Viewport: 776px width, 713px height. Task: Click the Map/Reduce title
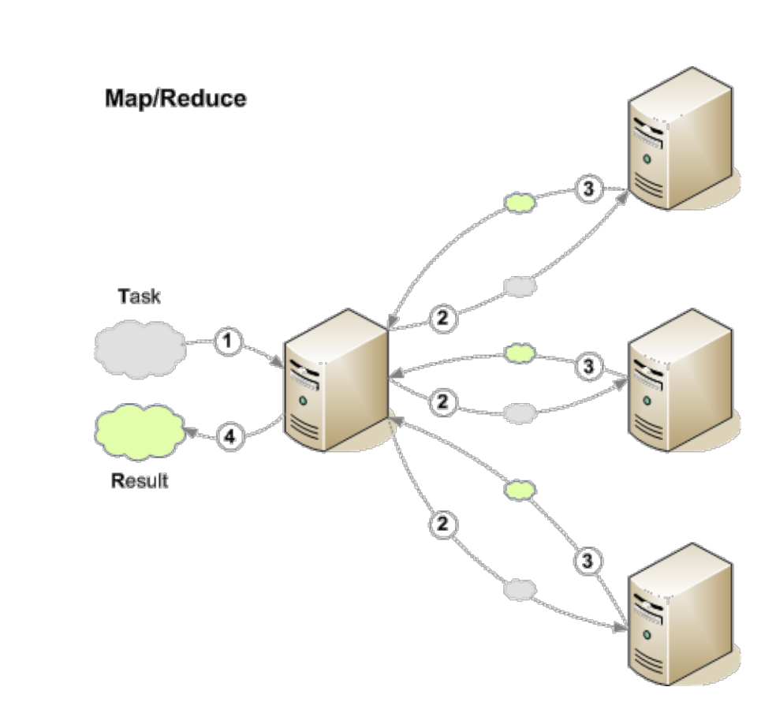[176, 99]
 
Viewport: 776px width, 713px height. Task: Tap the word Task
[139, 297]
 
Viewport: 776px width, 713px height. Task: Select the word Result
[140, 480]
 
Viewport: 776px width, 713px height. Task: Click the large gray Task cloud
[140, 349]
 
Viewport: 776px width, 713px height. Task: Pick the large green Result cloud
[140, 432]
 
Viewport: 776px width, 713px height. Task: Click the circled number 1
[228, 341]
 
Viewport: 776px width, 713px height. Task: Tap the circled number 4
[230, 437]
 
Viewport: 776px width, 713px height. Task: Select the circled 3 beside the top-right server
[589, 189]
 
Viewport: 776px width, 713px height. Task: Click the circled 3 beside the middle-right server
[589, 367]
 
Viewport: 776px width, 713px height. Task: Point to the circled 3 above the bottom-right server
[588, 561]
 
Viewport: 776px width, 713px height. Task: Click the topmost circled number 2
[443, 318]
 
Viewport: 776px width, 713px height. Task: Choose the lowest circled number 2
[443, 524]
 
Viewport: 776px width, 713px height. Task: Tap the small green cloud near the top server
[520, 203]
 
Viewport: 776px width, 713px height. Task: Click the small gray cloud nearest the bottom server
[520, 590]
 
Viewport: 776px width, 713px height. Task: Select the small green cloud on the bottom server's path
[520, 490]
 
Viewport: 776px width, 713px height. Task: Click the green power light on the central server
[303, 401]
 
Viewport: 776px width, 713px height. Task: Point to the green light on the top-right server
[647, 159]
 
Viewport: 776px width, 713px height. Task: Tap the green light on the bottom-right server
[647, 634]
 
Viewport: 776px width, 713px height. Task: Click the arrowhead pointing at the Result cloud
[191, 432]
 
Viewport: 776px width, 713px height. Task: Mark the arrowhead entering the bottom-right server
[621, 628]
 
